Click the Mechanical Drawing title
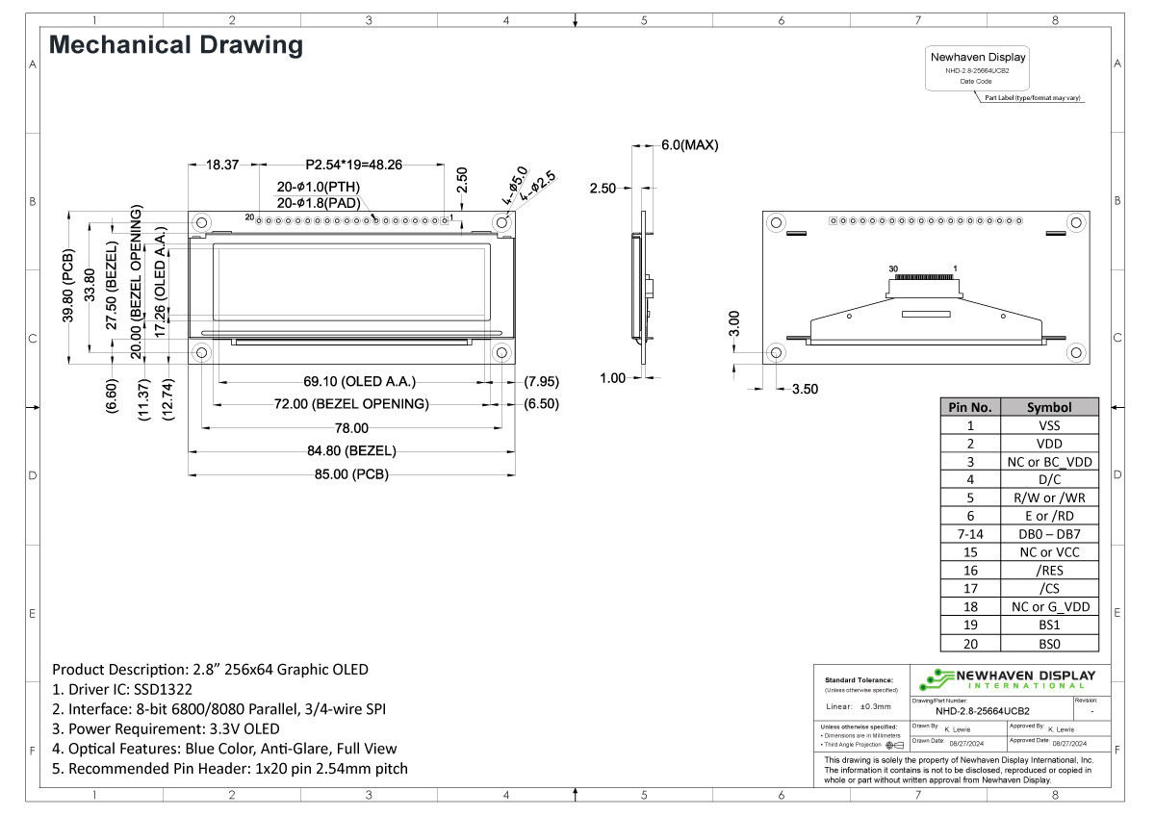click(175, 45)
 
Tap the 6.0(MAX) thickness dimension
click(689, 145)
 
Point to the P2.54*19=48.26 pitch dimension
click(353, 165)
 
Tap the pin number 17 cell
click(970, 589)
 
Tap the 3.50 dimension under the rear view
click(805, 390)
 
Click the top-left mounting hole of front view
click(202, 222)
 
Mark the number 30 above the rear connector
click(893, 268)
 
